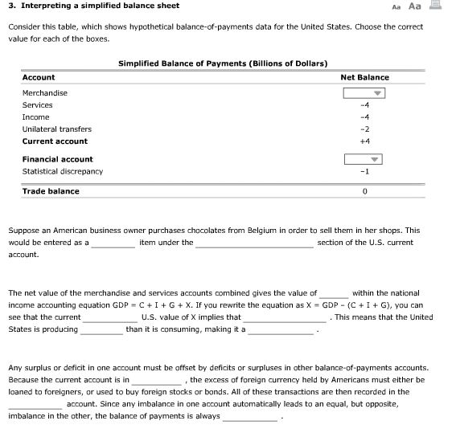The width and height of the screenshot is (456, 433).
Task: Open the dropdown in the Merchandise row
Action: click(x=364, y=93)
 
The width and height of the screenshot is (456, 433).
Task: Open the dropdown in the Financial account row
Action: click(x=364, y=159)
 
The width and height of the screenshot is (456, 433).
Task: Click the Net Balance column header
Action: click(x=364, y=77)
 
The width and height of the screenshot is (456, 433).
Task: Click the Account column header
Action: click(x=39, y=77)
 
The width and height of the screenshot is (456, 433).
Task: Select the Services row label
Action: click(x=37, y=105)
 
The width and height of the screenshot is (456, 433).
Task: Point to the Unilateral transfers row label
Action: click(x=56, y=129)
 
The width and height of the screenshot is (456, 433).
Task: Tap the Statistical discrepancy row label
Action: click(x=62, y=171)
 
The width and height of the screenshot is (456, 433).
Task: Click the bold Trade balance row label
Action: click(x=51, y=191)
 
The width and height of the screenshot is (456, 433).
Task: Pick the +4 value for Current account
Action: click(x=364, y=141)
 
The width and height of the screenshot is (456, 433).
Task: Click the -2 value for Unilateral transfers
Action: click(x=364, y=129)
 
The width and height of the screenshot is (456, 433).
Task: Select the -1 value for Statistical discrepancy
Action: click(x=364, y=171)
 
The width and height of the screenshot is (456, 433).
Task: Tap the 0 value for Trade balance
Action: click(x=364, y=192)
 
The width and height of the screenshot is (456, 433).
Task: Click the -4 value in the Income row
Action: click(x=364, y=117)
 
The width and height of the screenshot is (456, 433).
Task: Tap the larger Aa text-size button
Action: click(x=415, y=6)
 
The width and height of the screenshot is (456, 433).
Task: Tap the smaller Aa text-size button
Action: click(x=396, y=6)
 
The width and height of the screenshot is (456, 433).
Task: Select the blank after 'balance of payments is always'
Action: click(x=250, y=417)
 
